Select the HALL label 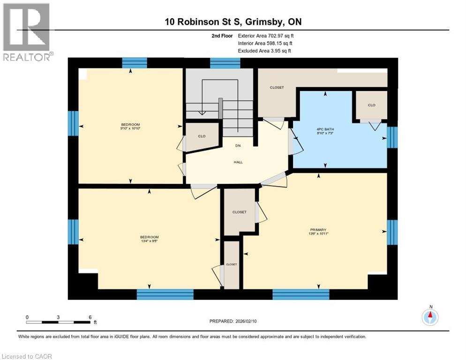coord(238,162)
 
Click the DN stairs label coord(238,146)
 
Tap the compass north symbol coord(430,317)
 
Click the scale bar coord(58,322)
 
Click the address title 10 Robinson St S coord(233,22)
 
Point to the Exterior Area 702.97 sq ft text coord(266,36)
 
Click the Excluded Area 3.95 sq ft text coord(264,51)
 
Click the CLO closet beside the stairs coord(202,136)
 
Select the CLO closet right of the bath coord(371,105)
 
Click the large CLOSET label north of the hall coord(277,88)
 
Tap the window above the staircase coord(225,63)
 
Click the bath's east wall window coord(392,137)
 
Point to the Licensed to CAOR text coord(27,356)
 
